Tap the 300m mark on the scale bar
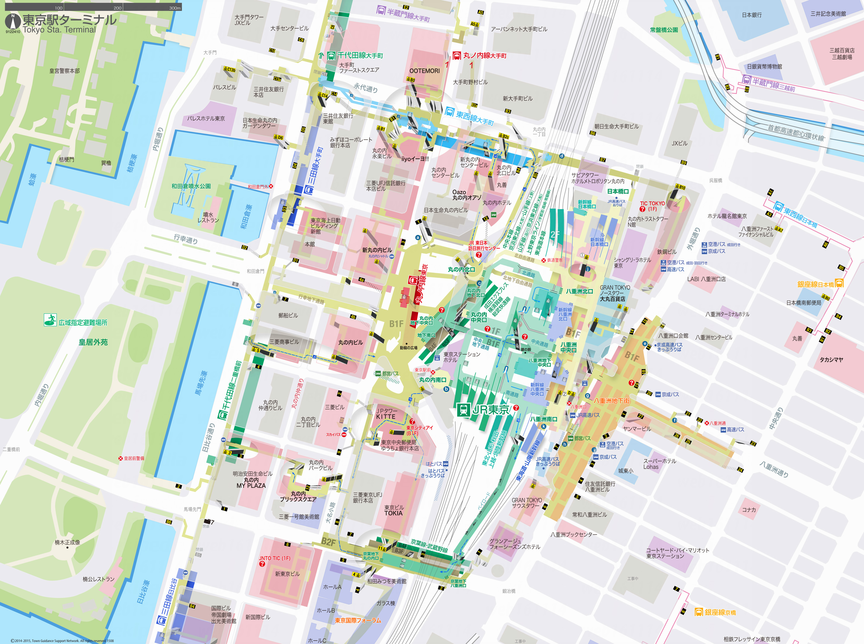click(x=175, y=8)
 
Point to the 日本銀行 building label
click(x=751, y=15)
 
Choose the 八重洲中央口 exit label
click(x=568, y=347)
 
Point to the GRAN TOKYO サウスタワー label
click(x=526, y=503)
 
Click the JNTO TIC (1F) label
click(x=274, y=558)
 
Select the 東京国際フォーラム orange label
click(x=358, y=620)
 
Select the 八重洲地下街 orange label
click(x=611, y=400)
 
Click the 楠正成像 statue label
click(x=67, y=542)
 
